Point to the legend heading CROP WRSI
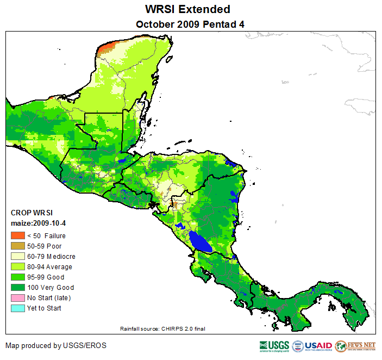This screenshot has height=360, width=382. [32, 213]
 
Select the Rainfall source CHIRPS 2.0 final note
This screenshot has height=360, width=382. [162, 328]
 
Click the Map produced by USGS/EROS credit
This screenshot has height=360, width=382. [56, 345]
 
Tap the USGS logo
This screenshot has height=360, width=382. [274, 346]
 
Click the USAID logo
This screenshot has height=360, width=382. [312, 346]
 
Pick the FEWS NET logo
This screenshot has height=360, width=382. [355, 346]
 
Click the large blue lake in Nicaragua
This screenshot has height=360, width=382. [200, 241]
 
